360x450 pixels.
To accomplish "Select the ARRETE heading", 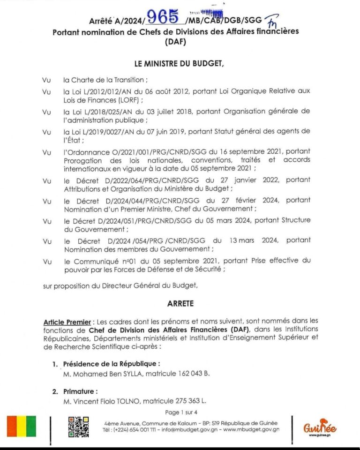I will [x=180, y=304].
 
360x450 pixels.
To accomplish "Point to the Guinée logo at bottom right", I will [x=320, y=427].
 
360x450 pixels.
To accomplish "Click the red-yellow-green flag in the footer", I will [x=18, y=426].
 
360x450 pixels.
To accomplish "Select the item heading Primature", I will [x=80, y=391].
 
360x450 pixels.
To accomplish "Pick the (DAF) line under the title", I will [x=180, y=42].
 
